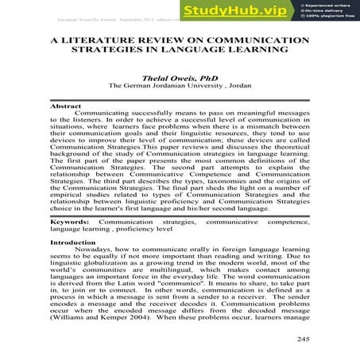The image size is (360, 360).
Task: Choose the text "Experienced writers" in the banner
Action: tap(329, 6)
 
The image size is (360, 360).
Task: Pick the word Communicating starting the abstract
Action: tap(110, 114)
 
